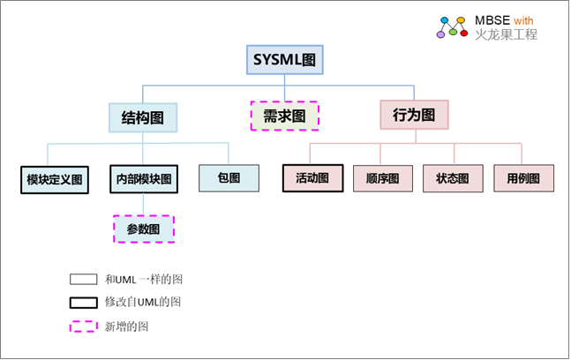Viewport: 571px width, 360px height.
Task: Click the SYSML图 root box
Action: [284, 61]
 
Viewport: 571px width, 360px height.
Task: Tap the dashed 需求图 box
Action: [284, 116]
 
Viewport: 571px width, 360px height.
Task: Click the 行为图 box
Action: [415, 115]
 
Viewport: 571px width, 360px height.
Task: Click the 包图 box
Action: [229, 177]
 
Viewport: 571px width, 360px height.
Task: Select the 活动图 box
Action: [312, 177]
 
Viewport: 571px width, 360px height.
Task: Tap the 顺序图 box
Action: [382, 178]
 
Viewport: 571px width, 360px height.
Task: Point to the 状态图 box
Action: [453, 178]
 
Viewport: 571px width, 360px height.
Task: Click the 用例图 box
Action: [523, 178]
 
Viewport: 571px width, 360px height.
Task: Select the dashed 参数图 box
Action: [143, 229]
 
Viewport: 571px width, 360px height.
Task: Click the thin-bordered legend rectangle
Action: [83, 279]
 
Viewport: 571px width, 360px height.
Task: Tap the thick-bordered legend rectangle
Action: [83, 302]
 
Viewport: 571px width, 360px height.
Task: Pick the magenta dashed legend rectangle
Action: [83, 326]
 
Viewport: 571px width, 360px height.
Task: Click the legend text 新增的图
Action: [128, 326]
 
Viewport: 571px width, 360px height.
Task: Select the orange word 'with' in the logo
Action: [522, 20]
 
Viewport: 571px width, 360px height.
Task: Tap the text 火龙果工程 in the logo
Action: [506, 35]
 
